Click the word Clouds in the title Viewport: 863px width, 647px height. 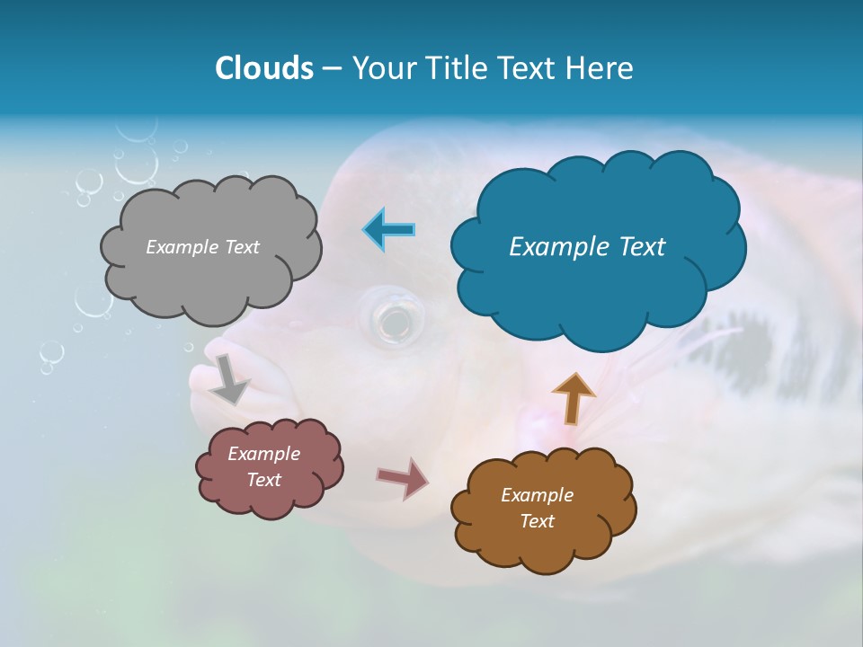pyautogui.click(x=263, y=68)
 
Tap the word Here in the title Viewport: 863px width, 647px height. pyautogui.click(x=601, y=68)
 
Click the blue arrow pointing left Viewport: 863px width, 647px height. pyautogui.click(x=388, y=230)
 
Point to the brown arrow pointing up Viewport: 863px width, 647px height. pyautogui.click(x=573, y=398)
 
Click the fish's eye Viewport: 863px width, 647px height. pyautogui.click(x=391, y=318)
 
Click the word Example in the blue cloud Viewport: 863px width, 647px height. pyautogui.click(x=551, y=247)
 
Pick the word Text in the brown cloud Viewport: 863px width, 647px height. pyautogui.click(x=537, y=521)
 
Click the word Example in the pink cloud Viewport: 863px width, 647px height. pyautogui.click(x=263, y=454)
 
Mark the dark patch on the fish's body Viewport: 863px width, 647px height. pyautogui.click(x=746, y=355)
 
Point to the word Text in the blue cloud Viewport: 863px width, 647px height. pyautogui.click(x=639, y=247)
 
